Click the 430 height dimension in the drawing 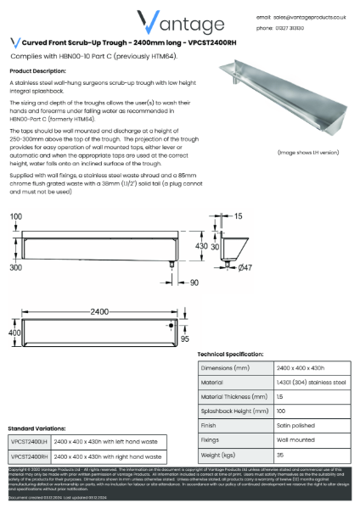201,244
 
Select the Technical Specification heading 242,354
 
